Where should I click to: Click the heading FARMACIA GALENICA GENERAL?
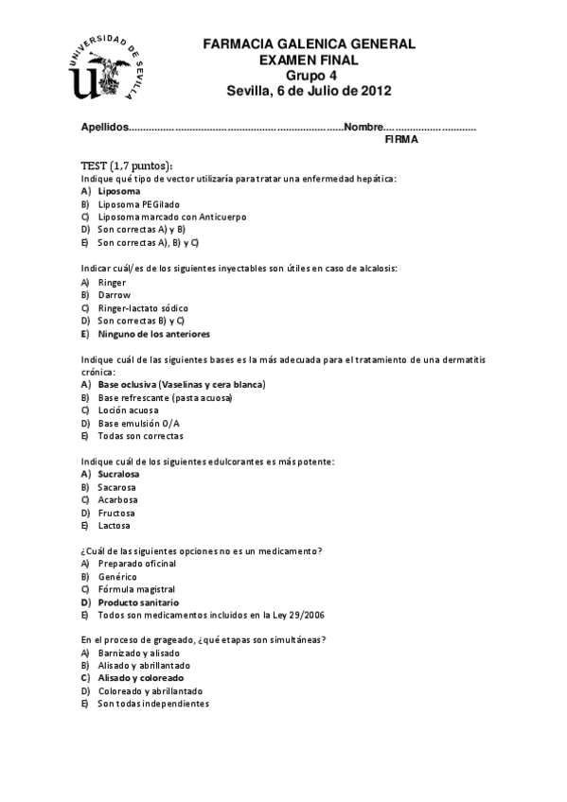[309, 44]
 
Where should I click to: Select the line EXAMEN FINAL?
[309, 60]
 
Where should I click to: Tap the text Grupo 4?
[310, 76]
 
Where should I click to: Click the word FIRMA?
[401, 139]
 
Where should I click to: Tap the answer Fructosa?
[116, 513]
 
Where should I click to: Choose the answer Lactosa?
[115, 525]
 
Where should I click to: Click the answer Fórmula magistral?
[135, 589]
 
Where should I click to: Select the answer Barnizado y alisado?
[138, 653]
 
